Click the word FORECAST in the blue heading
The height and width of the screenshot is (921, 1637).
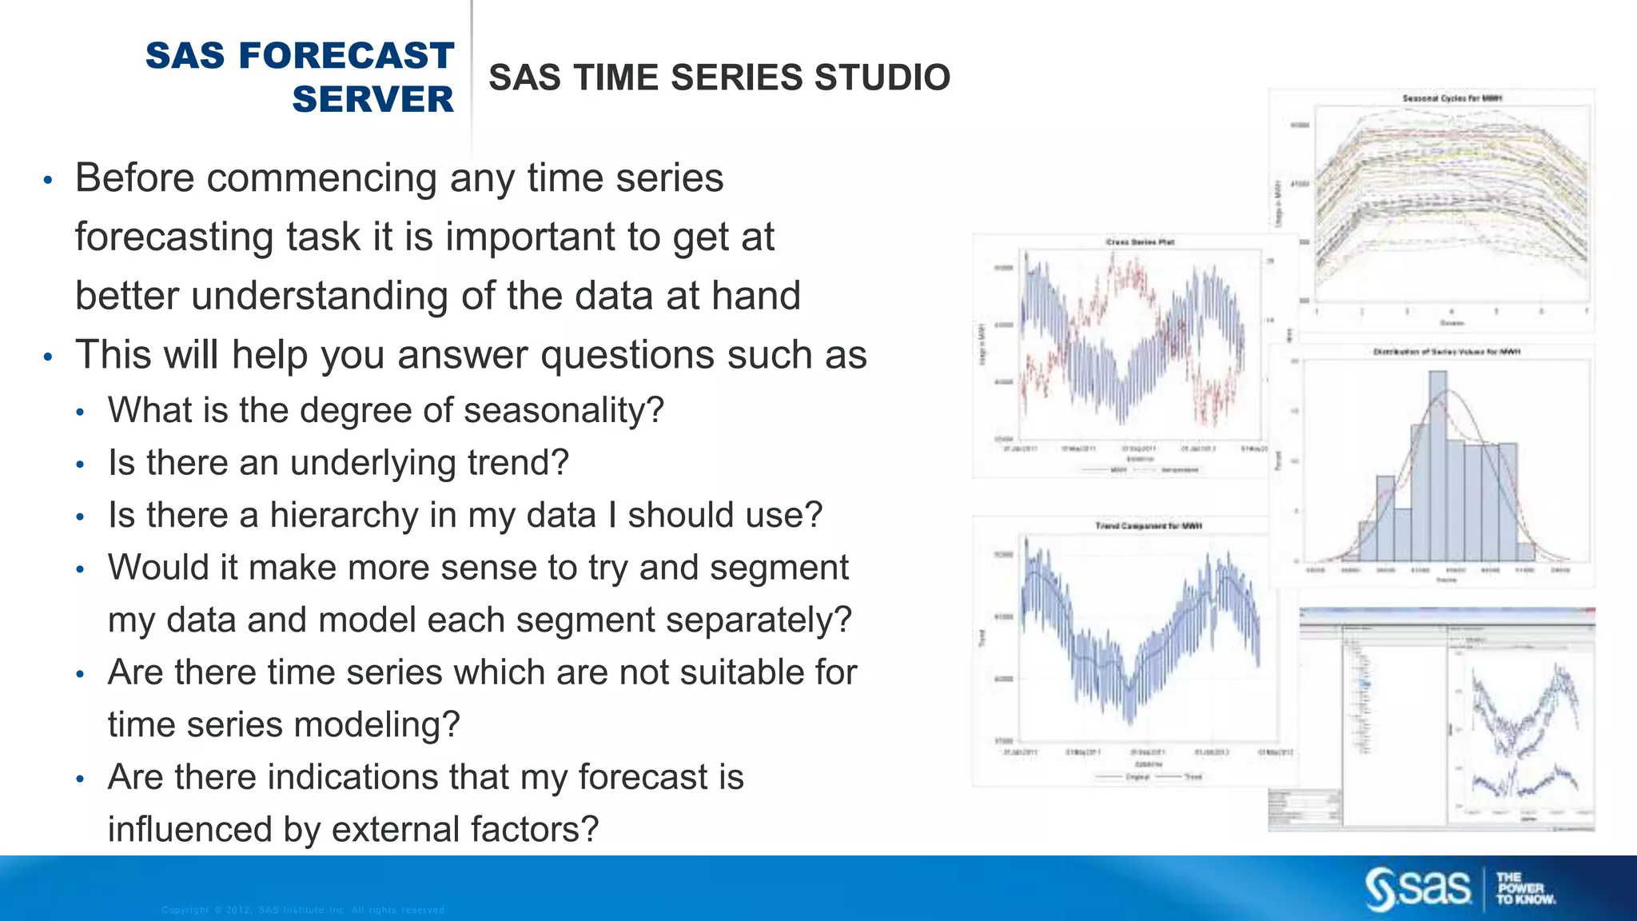[346, 56]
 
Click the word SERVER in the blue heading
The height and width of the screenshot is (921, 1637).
[372, 100]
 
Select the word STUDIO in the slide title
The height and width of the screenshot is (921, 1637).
[882, 78]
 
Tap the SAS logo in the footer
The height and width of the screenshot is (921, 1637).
[1417, 887]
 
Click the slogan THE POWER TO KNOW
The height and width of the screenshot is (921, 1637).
[1525, 888]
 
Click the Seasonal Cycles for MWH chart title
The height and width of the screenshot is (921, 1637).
[1452, 98]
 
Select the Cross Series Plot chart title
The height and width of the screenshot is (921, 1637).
[1140, 241]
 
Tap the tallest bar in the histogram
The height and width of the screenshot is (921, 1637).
[1437, 464]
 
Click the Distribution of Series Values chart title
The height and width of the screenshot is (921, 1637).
[1446, 352]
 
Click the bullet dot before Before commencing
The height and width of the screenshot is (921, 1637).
[48, 180]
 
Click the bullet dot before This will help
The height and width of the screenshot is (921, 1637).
[48, 357]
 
